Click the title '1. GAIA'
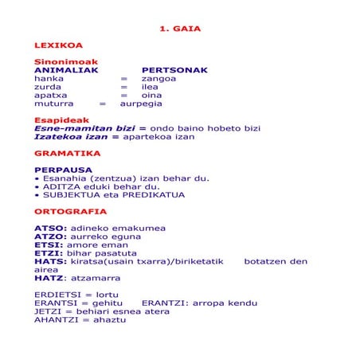[180, 29]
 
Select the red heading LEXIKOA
[58, 45]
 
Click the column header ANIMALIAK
[66, 70]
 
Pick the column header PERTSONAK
[174, 70]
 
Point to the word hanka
[49, 79]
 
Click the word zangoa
[159, 79]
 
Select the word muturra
[53, 104]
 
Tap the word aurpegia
[141, 104]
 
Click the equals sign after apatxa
[123, 96]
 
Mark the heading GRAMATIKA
[67, 153]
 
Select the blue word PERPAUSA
[63, 170]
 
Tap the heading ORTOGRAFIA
[70, 211]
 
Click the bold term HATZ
[49, 278]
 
